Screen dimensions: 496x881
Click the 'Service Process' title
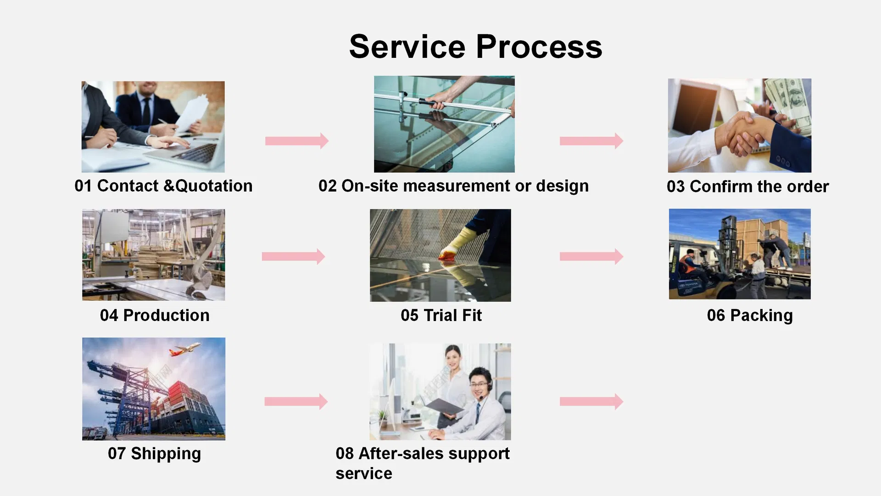[x=475, y=47]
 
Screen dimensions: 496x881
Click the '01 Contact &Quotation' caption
[x=163, y=186]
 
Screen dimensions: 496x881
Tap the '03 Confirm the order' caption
[x=747, y=186]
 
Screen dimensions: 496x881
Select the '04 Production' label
[x=155, y=316]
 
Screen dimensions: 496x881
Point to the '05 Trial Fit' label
[x=441, y=316]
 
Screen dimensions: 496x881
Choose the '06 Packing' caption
[x=750, y=316]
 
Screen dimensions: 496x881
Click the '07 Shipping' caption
[x=154, y=454]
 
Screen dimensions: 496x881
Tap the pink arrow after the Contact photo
[x=297, y=141]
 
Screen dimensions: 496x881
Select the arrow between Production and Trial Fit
[x=293, y=256]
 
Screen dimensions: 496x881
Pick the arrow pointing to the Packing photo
[x=591, y=256]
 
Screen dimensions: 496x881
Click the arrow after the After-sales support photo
[x=591, y=401]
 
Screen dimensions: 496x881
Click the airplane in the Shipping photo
[x=185, y=349]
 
